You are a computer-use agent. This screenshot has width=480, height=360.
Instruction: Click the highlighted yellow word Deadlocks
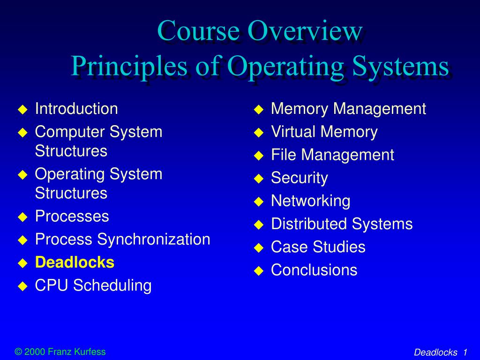coord(75,262)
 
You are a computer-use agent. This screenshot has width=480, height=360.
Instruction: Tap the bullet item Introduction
coord(76,109)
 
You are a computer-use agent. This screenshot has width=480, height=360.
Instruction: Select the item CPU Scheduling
coord(93,285)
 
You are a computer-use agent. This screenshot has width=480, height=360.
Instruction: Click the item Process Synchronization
coord(122,240)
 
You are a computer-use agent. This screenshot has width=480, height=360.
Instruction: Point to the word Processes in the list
coord(72,216)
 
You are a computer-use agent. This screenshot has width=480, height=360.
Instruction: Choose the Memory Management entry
coord(348,109)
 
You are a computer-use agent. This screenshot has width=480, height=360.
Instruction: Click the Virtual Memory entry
coord(324,132)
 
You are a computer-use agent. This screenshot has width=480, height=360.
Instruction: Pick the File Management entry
coord(332,155)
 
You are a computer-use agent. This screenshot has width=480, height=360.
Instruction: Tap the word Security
coord(299,178)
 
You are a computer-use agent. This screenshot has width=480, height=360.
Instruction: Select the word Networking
coord(310,201)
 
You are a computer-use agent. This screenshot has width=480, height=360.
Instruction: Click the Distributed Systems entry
coord(342,224)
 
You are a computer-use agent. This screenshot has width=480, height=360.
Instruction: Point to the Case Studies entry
coord(318,247)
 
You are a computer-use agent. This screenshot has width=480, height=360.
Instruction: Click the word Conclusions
coord(314,270)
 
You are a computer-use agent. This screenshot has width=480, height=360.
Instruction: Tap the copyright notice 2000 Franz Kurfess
coord(60,352)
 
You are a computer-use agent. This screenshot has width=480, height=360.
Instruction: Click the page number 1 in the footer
coord(465,352)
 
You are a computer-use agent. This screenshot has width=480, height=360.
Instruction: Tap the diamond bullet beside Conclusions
coord(258,270)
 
